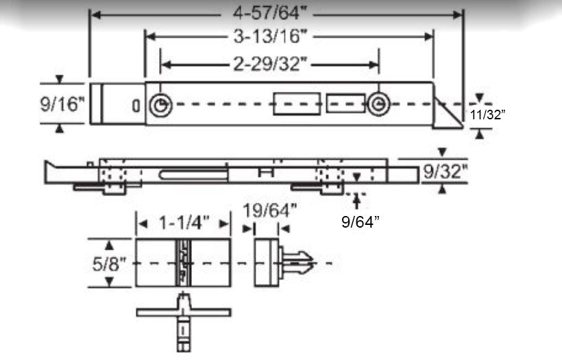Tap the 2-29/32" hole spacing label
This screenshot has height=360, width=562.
pos(269,64)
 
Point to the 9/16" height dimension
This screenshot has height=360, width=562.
pos(62,104)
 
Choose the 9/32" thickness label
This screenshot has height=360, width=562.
pos(445,171)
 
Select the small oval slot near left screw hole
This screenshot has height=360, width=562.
pos(136,106)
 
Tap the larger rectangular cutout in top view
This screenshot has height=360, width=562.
pos(296,104)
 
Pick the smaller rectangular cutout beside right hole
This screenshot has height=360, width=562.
pos(345,104)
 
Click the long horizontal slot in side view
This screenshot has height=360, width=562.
pos(194,175)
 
